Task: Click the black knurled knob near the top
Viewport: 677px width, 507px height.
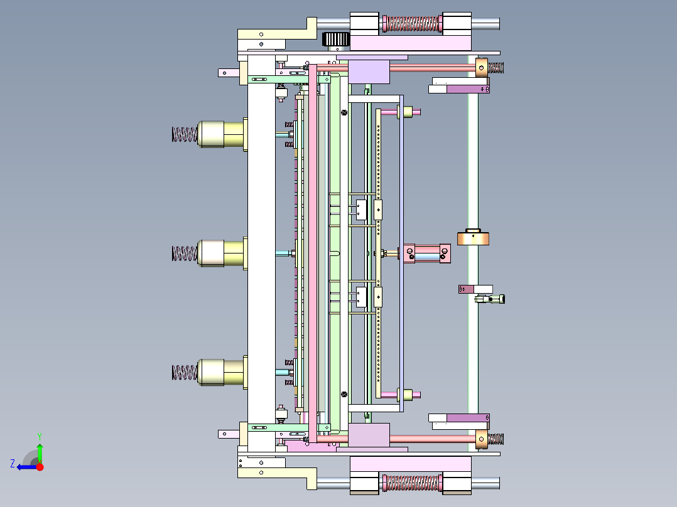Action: coord(336,40)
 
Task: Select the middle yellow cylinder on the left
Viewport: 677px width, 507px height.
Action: coord(220,253)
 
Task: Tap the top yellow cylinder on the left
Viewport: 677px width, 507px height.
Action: coord(220,134)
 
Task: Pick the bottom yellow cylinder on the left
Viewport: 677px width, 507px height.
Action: coord(220,372)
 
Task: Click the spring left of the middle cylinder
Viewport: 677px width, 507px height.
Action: coord(185,253)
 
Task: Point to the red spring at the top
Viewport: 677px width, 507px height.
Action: coord(411,24)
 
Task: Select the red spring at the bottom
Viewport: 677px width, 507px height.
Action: coord(411,483)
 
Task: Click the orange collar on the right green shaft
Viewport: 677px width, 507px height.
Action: coord(474,238)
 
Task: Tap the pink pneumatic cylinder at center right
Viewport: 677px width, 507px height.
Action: coord(427,253)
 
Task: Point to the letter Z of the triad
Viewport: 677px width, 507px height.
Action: coord(13,464)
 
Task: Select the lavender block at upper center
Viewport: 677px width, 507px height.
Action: coord(369,72)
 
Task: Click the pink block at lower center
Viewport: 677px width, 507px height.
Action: coord(369,435)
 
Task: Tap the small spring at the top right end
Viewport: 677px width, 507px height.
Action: coord(496,68)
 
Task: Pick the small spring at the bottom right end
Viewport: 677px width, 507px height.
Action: coord(496,439)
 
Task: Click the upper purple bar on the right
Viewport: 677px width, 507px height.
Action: coord(468,89)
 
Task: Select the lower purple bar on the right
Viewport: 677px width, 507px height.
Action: coord(468,418)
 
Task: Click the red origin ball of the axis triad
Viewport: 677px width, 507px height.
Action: coord(40,467)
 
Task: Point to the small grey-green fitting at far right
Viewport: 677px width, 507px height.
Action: coord(490,299)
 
